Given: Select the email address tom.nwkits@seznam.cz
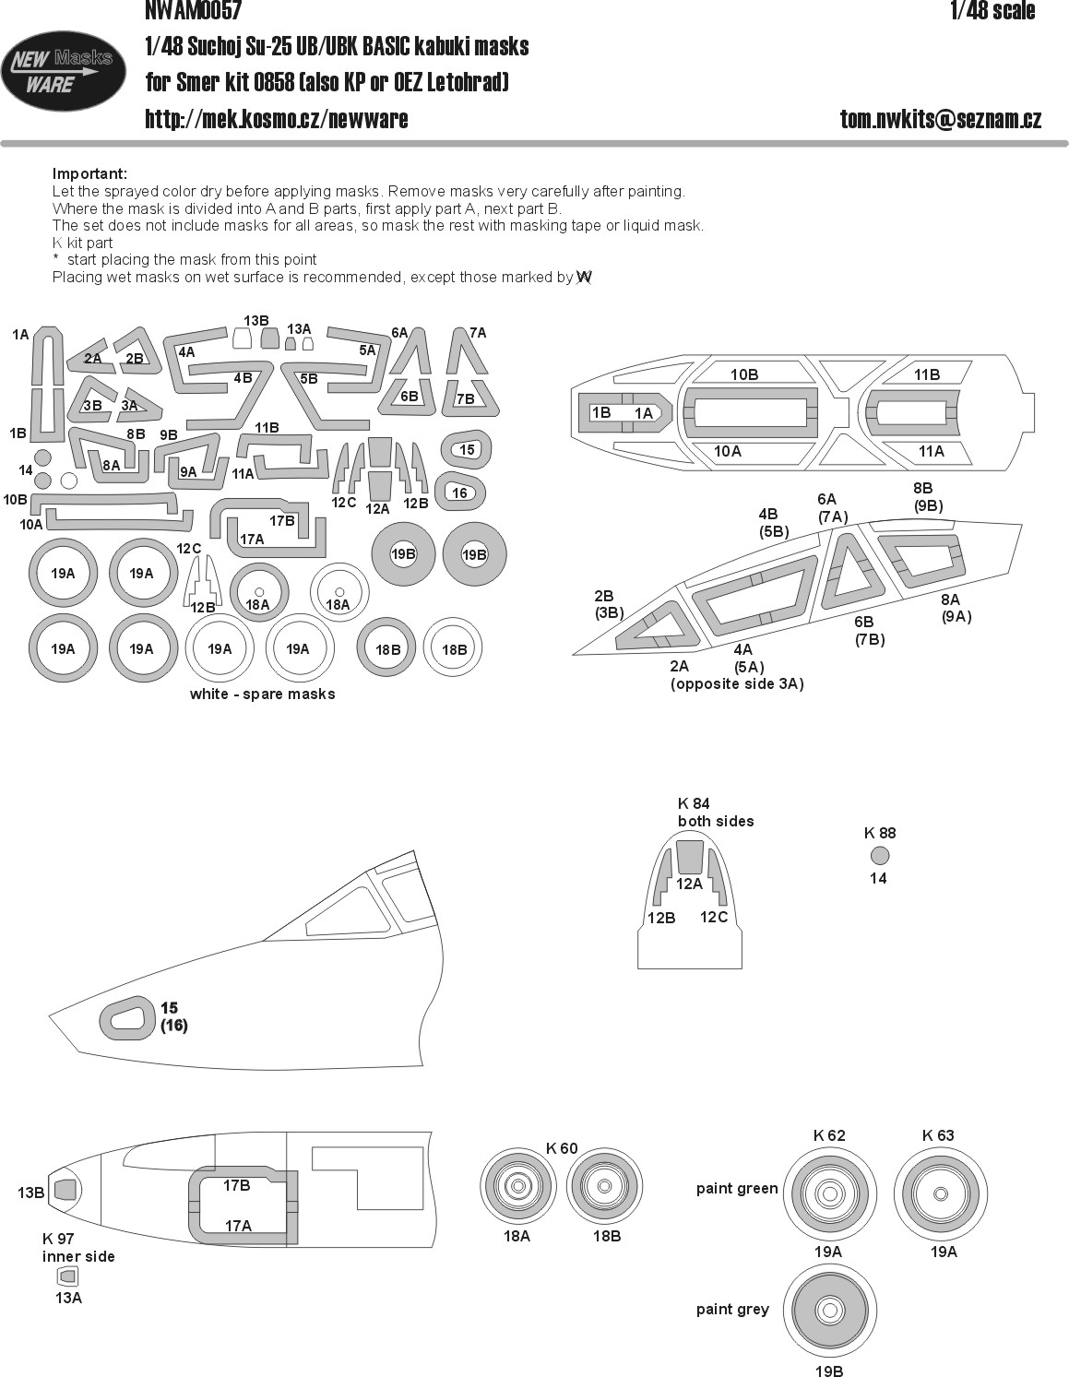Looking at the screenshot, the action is [x=941, y=119].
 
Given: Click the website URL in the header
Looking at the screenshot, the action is [x=277, y=119].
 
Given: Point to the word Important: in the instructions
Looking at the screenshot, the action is [x=90, y=173].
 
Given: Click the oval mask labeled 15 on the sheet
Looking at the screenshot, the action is [x=465, y=449].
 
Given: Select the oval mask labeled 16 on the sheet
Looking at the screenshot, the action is [x=459, y=493].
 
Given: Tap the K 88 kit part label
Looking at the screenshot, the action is [x=880, y=833].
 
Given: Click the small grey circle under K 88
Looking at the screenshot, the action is [x=880, y=856].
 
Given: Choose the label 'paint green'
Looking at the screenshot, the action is [x=737, y=1189].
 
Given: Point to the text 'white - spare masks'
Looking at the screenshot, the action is [x=262, y=694].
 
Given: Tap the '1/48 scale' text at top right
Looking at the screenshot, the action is [x=992, y=10].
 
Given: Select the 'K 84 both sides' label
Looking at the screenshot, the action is [x=716, y=813].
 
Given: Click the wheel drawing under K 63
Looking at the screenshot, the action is [x=941, y=1193].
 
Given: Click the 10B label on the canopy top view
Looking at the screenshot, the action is [x=744, y=374].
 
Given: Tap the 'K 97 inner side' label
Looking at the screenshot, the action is [x=78, y=1247].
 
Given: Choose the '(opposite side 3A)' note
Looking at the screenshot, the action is [x=737, y=683].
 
